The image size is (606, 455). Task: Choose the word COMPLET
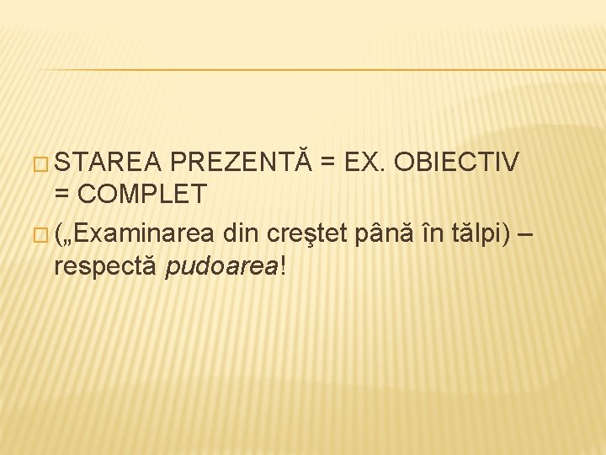point(142,195)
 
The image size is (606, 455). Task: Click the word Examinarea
point(142,230)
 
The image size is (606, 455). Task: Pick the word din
point(240,230)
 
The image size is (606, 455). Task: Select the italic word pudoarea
point(221,266)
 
